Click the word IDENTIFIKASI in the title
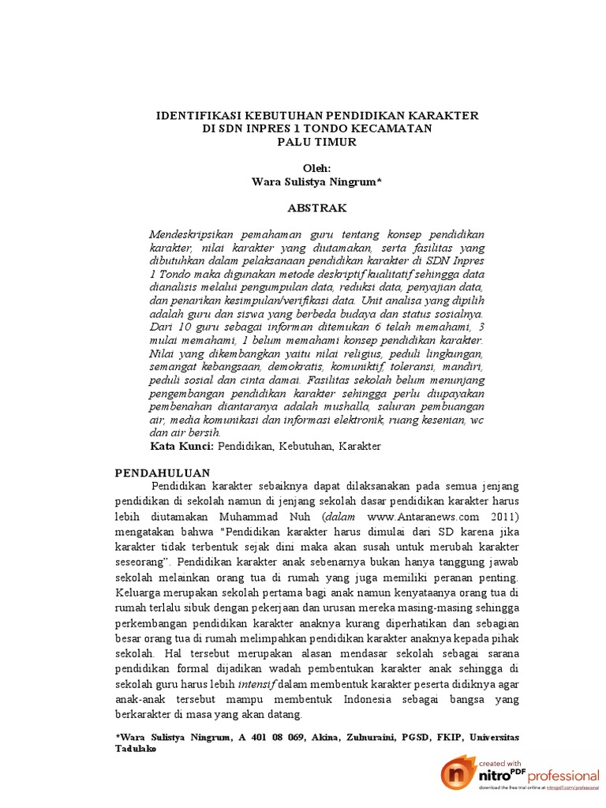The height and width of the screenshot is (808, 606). tap(194, 115)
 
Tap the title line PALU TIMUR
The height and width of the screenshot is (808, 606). tap(316, 142)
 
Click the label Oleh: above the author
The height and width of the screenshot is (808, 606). tap(316, 169)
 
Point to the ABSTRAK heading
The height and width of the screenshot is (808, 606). tap(316, 208)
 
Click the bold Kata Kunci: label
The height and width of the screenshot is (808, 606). tap(181, 447)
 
